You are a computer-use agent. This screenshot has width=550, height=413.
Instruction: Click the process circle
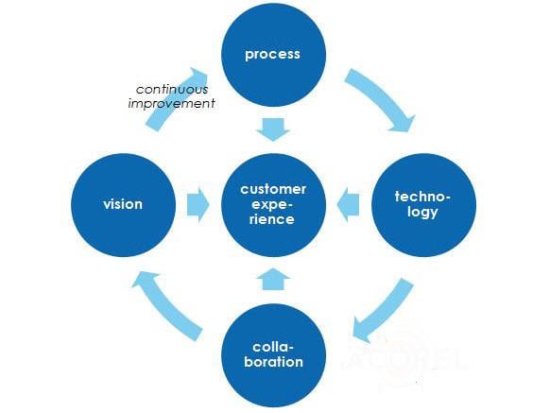coord(272,54)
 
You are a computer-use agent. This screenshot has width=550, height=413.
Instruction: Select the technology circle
coord(422,205)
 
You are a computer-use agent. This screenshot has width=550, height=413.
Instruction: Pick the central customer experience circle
coord(272,205)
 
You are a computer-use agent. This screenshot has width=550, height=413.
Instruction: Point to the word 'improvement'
coord(171,102)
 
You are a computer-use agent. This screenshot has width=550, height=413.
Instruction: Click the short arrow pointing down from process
coord(272,129)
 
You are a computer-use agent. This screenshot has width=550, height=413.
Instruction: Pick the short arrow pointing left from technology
coord(349,205)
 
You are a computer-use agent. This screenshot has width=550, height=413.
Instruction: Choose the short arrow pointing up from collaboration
coord(272,279)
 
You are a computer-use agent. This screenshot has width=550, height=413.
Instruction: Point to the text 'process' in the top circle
coord(272,54)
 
